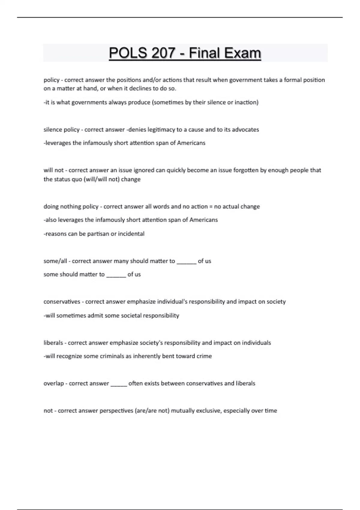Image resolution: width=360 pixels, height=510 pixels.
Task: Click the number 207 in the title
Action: pyautogui.click(x=163, y=53)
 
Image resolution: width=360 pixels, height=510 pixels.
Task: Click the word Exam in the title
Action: pyautogui.click(x=243, y=53)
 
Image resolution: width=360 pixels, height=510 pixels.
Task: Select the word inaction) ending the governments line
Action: pyautogui.click(x=246, y=102)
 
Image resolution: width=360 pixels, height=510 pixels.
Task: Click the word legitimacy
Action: pyautogui.click(x=161, y=130)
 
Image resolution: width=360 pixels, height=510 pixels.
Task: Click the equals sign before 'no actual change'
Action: pyautogui.click(x=211, y=206)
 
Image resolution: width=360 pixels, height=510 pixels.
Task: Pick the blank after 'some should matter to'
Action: pyautogui.click(x=116, y=275)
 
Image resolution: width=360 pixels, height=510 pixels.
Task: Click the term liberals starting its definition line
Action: pyautogui.click(x=53, y=343)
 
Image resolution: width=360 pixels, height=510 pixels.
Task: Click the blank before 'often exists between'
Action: pyautogui.click(x=119, y=384)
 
